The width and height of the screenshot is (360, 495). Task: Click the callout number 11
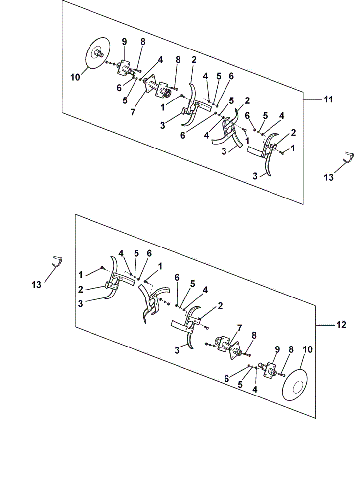tap(328, 99)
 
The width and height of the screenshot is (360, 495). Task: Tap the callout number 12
tap(341, 325)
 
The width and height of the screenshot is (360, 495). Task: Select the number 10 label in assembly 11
tap(75, 77)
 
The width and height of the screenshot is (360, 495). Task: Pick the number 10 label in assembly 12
tap(308, 349)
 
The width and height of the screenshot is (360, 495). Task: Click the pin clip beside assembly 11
tap(348, 157)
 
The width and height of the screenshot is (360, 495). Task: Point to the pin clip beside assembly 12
tap(57, 261)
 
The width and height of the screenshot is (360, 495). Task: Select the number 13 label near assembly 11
tap(328, 177)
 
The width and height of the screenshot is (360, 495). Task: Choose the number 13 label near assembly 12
tap(36, 285)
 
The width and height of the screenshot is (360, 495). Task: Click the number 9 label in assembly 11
tap(124, 42)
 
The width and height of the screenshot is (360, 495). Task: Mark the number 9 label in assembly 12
tap(277, 349)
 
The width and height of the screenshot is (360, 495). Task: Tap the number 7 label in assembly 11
tap(133, 112)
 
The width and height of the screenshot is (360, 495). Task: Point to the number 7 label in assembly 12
tap(239, 328)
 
